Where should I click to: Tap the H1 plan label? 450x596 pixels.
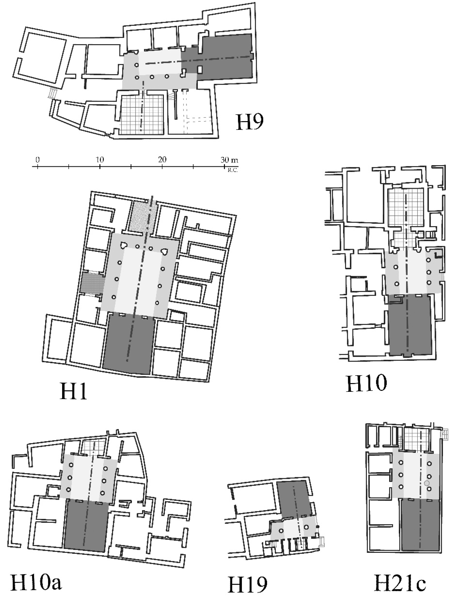coord(73,391)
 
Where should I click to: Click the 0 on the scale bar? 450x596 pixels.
coord(38,160)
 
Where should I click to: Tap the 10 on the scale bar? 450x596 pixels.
coord(100,160)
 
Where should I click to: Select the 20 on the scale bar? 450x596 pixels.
coord(162,160)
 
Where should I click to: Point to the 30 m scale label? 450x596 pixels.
coord(229,160)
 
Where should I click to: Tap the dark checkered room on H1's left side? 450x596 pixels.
coord(92,283)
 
